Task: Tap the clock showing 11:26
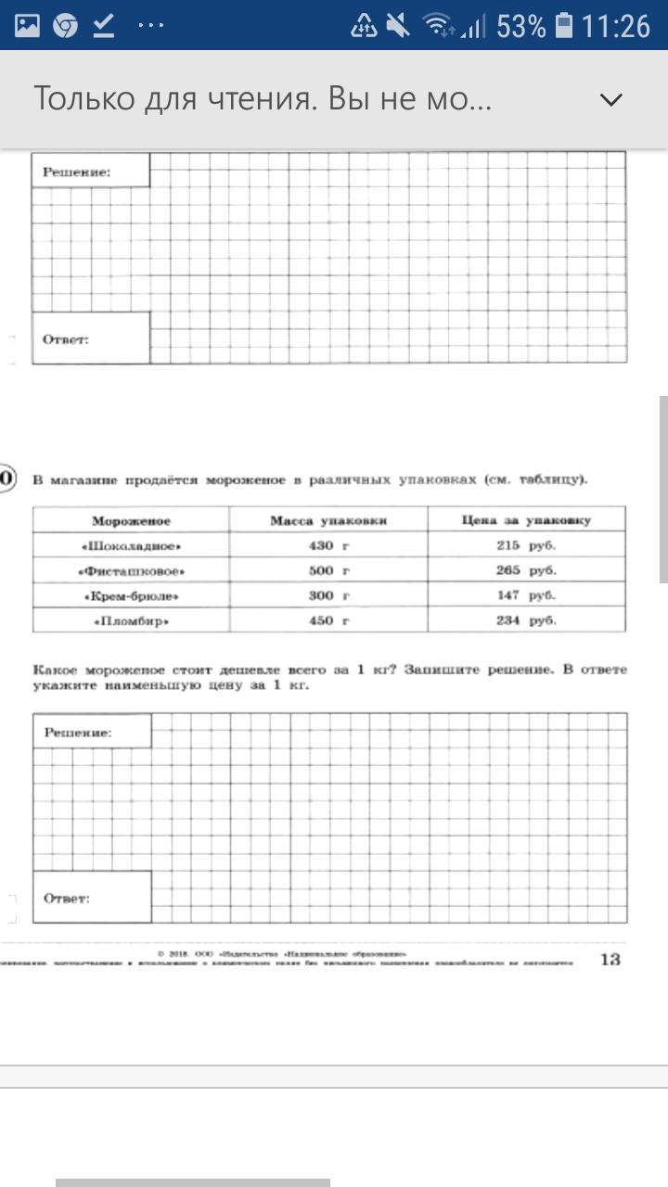(616, 26)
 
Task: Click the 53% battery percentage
(520, 26)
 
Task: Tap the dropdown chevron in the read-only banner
(611, 99)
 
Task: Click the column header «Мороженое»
(131, 521)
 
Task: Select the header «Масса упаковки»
(328, 521)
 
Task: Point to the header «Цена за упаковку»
(526, 520)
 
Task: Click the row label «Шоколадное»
(131, 546)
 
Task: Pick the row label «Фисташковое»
(131, 571)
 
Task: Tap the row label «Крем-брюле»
(131, 596)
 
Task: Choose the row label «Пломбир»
(131, 621)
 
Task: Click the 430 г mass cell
(328, 546)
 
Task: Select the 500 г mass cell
(328, 571)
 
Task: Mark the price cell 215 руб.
(526, 546)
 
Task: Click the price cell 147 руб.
(526, 596)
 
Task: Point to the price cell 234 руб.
(526, 621)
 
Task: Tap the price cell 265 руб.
(526, 571)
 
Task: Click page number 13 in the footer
(610, 960)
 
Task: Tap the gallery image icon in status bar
(28, 26)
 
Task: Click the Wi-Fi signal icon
(439, 26)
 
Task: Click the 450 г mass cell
(328, 621)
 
